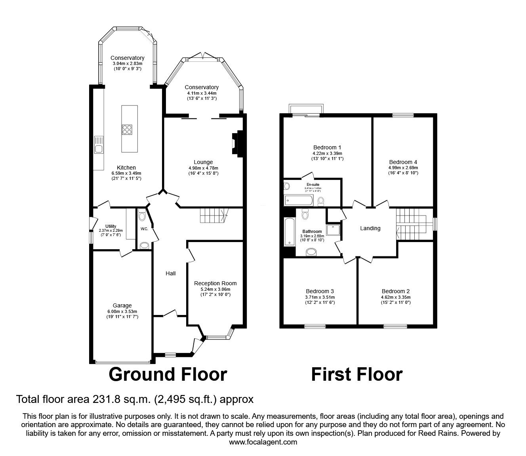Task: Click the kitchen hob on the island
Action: point(127,130)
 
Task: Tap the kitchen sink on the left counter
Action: point(98,145)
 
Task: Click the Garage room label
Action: point(122,305)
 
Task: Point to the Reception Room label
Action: point(215,283)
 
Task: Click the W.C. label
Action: point(144,229)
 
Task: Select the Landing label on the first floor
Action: point(370,228)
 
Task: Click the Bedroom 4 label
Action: point(403,162)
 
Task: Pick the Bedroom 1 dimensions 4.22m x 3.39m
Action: point(327,153)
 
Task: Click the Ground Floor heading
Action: point(168,374)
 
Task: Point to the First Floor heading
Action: point(356,374)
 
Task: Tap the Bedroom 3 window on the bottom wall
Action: point(315,326)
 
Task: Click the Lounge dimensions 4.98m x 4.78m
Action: point(203,168)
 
